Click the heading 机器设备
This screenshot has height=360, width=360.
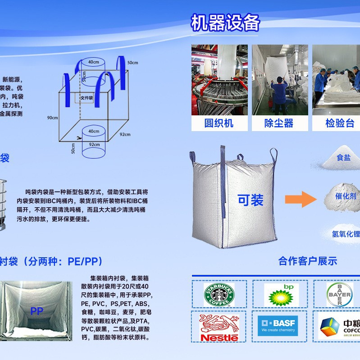click(x=226, y=23)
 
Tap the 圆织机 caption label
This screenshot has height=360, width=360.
click(x=219, y=123)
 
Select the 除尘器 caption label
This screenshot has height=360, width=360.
click(x=279, y=123)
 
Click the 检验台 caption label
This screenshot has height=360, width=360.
click(x=340, y=123)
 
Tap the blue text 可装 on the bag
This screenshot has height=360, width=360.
click(x=251, y=200)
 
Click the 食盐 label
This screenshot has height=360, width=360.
click(x=343, y=158)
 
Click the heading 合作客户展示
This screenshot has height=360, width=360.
click(x=308, y=261)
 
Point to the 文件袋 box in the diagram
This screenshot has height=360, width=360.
click(x=87, y=97)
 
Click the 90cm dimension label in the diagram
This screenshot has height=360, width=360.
click(x=53, y=118)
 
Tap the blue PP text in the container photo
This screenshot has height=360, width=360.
click(x=36, y=311)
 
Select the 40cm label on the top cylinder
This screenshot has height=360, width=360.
click(x=94, y=62)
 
